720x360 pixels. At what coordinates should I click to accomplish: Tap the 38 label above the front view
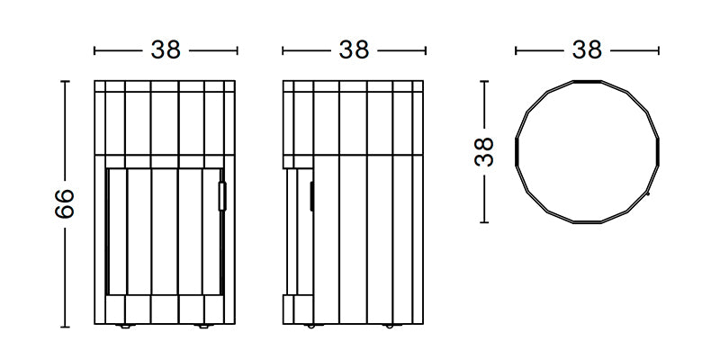click(166, 50)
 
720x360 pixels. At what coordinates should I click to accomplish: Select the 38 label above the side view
click(353, 50)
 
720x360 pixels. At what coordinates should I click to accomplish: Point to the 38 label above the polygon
click(587, 50)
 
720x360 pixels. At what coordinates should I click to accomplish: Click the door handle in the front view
click(222, 195)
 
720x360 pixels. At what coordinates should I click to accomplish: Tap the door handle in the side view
click(311, 195)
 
